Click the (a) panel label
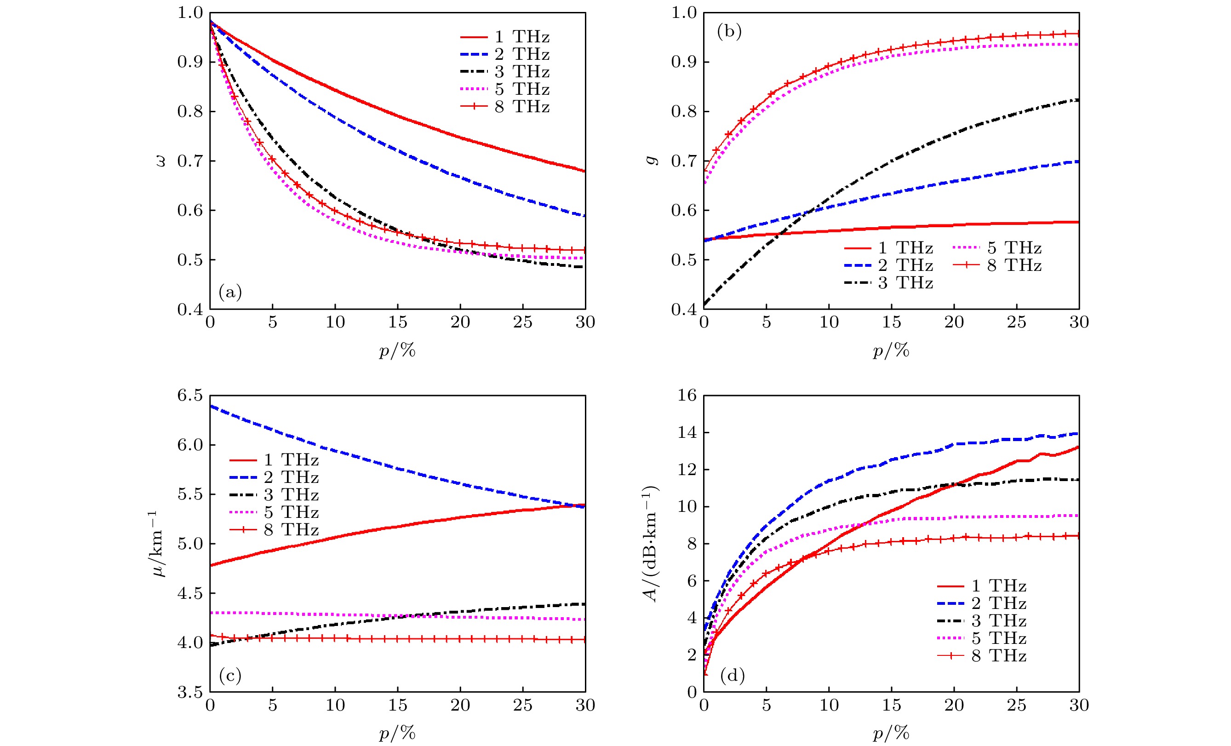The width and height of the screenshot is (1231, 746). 230,292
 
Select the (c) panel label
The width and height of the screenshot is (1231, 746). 230,676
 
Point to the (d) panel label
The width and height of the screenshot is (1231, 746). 732,676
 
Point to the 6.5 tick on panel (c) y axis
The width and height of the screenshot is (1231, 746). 190,396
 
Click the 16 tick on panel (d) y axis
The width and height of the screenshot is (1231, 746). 687,396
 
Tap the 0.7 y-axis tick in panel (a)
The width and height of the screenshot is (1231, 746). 190,161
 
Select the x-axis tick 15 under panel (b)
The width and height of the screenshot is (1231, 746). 891,322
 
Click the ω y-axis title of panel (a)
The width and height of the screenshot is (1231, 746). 160,161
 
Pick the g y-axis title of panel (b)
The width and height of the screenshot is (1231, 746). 652,160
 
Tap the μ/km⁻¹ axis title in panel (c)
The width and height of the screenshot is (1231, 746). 158,544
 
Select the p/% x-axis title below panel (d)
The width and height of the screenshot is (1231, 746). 891,733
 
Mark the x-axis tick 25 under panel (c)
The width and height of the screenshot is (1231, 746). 522,706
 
